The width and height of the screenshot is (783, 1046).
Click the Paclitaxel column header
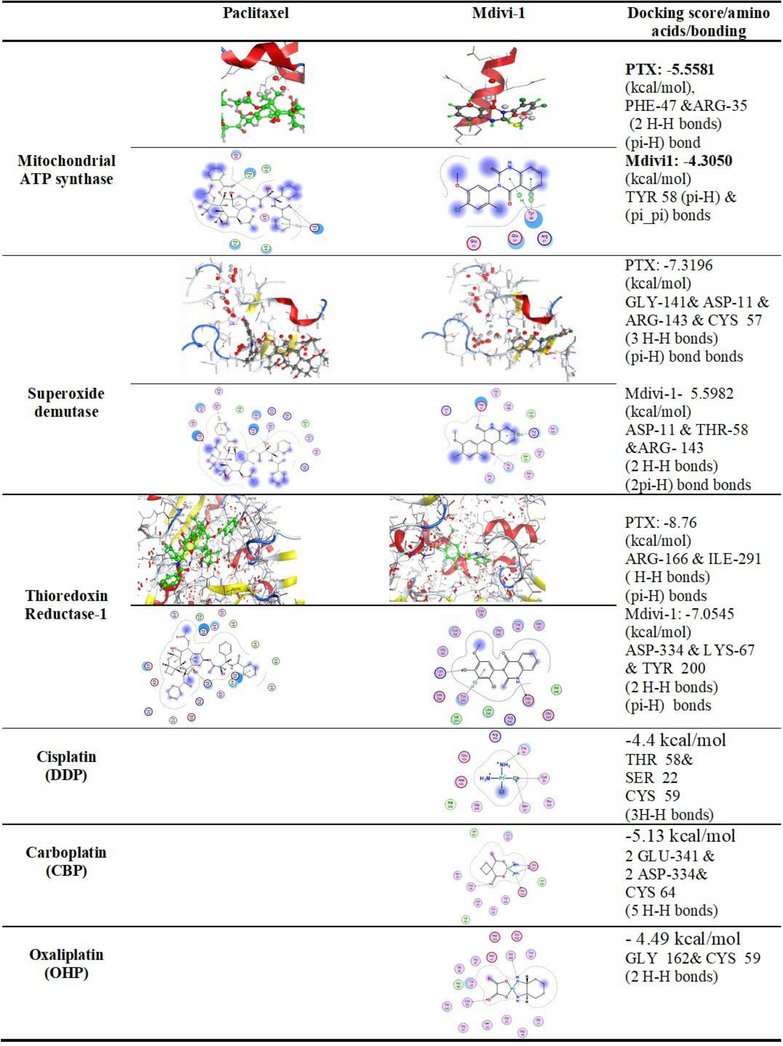pyautogui.click(x=255, y=13)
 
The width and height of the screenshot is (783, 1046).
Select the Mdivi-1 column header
pyautogui.click(x=498, y=13)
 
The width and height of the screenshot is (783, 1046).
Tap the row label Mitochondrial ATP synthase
pyautogui.click(x=66, y=170)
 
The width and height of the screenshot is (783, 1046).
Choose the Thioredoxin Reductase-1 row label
pyautogui.click(x=66, y=605)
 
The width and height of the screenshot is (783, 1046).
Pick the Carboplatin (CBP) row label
pyautogui.click(x=66, y=861)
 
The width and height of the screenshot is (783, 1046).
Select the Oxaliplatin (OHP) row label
pyautogui.click(x=66, y=963)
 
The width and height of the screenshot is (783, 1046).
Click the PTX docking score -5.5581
pyautogui.click(x=670, y=70)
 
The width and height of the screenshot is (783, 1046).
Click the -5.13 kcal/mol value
pyautogui.click(x=680, y=836)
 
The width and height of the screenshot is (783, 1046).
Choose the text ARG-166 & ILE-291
pyautogui.click(x=693, y=559)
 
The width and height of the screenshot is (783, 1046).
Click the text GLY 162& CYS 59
pyautogui.click(x=693, y=959)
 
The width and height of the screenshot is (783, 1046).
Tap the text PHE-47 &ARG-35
pyautogui.click(x=686, y=105)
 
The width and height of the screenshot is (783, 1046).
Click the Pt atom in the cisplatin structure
pyautogui.click(x=502, y=778)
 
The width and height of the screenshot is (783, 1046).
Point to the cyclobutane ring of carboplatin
pyautogui.click(x=482, y=869)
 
